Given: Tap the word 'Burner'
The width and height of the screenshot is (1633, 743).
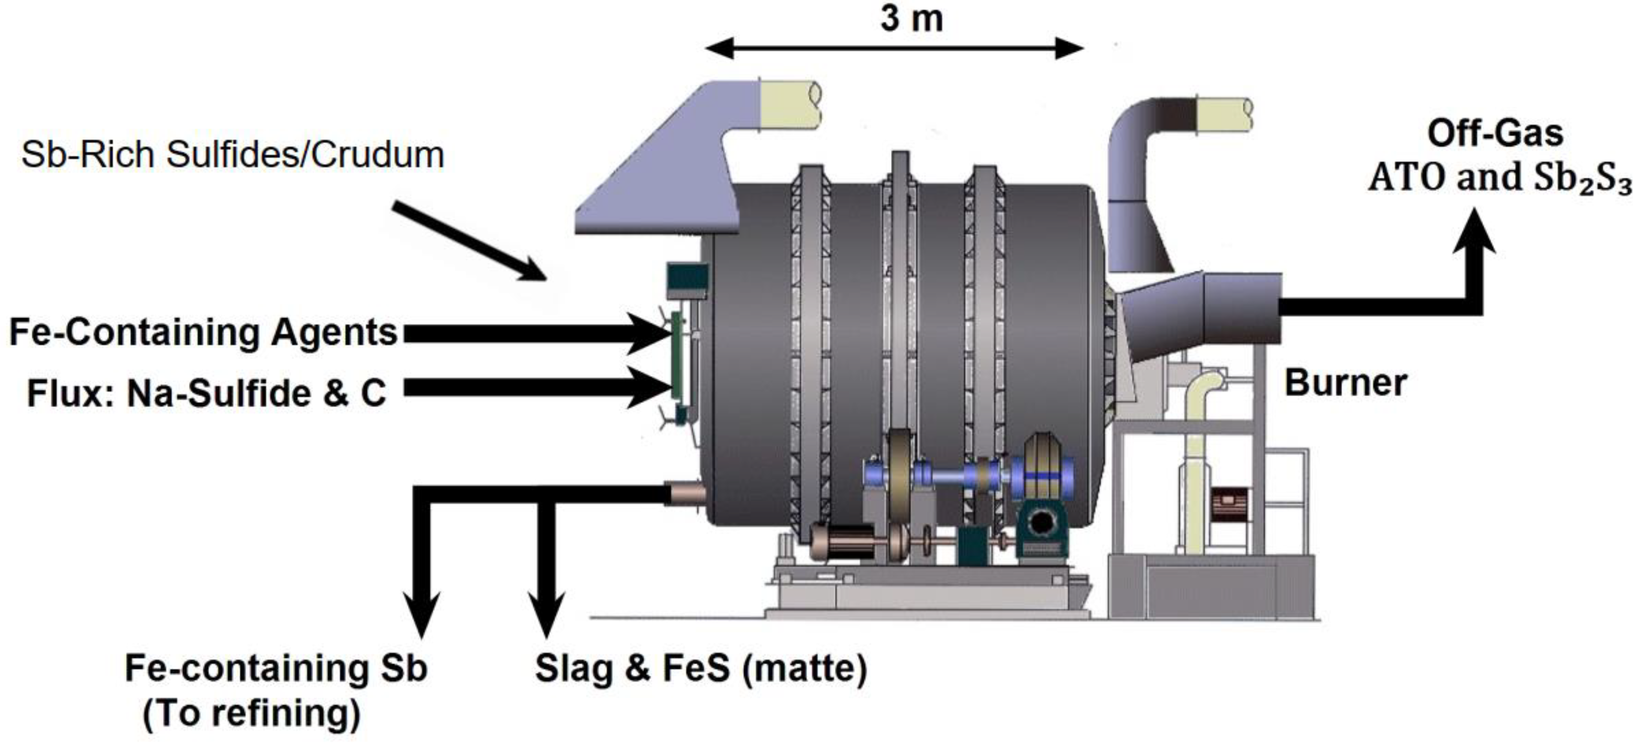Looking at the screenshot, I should click(1345, 383).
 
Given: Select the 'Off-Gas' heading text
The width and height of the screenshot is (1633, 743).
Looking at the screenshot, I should click(1495, 134).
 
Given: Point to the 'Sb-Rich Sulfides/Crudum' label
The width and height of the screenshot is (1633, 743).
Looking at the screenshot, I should click(233, 155).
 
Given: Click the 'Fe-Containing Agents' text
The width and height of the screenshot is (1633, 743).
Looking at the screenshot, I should click(203, 332).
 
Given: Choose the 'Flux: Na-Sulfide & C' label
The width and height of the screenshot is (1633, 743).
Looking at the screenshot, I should click(206, 393).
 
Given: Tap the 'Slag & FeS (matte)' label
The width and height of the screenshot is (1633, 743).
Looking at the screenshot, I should click(700, 668).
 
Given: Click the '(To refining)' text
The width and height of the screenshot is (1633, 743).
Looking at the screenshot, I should click(251, 713).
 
